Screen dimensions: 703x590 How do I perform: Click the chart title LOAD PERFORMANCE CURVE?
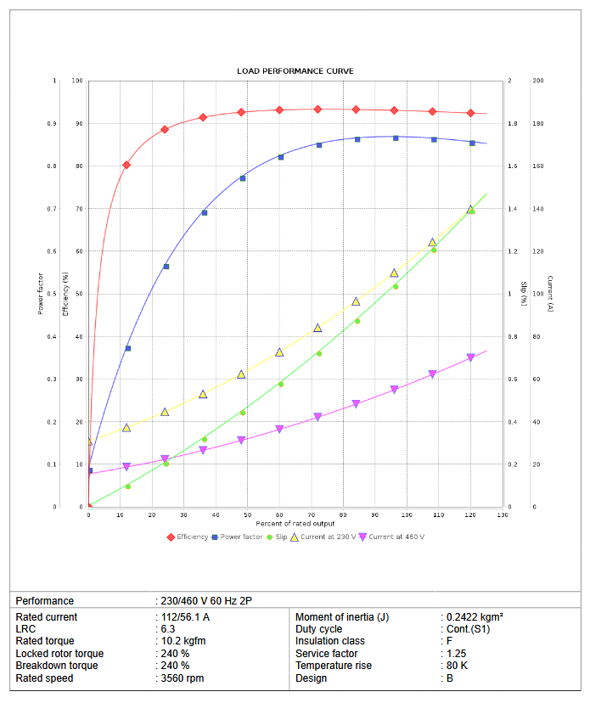[295, 71]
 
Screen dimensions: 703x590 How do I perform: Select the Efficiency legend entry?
[192, 537]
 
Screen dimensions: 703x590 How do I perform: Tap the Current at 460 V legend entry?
[396, 537]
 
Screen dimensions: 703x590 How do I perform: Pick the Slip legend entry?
[279, 537]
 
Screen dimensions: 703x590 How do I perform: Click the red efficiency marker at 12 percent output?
[126, 165]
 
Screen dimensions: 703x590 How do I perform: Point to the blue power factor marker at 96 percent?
[396, 138]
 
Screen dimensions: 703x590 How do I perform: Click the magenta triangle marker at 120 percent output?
[471, 357]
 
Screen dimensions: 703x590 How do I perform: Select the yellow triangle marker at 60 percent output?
[279, 351]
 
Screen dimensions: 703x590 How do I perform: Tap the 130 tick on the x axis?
[503, 515]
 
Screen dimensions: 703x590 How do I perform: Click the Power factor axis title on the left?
[40, 294]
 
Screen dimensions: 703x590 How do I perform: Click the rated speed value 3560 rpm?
[183, 678]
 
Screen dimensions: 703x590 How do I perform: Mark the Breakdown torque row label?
[56, 666]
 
